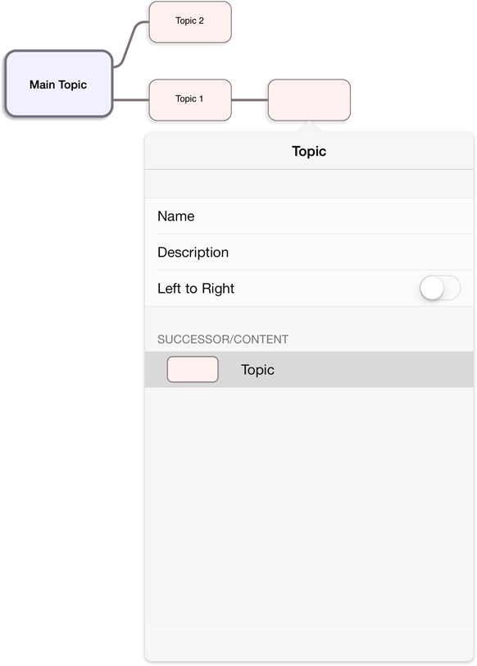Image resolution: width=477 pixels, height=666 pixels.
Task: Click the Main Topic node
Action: click(58, 84)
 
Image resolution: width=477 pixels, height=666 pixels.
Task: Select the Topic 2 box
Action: click(190, 21)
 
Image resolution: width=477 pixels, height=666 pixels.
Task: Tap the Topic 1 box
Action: click(190, 100)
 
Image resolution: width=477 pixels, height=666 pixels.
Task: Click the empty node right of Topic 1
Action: click(309, 100)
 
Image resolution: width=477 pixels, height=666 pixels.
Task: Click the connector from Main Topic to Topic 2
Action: click(130, 44)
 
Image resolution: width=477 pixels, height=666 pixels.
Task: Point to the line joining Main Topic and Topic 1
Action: click(130, 100)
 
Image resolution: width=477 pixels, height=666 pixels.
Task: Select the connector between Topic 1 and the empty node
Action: click(250, 100)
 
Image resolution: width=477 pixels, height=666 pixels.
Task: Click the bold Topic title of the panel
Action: click(309, 151)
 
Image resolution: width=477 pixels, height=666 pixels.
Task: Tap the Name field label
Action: click(176, 217)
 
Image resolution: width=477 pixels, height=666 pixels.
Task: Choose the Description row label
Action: click(193, 253)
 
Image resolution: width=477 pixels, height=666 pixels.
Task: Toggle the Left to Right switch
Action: click(440, 288)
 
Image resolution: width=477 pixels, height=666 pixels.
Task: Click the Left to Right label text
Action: click(196, 289)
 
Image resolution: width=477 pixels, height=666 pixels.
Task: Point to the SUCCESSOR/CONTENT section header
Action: click(223, 340)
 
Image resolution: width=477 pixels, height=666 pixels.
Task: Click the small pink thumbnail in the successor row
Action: click(193, 370)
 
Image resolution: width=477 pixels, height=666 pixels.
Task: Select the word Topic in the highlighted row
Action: click(257, 370)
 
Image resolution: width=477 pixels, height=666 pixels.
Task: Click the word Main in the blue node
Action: click(42, 84)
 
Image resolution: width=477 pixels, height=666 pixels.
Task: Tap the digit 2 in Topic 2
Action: click(201, 21)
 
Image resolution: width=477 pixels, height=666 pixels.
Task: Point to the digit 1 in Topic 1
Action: click(201, 98)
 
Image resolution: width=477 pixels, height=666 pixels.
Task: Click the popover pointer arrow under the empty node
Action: click(309, 126)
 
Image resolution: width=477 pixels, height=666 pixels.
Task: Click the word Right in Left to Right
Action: click(218, 289)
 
